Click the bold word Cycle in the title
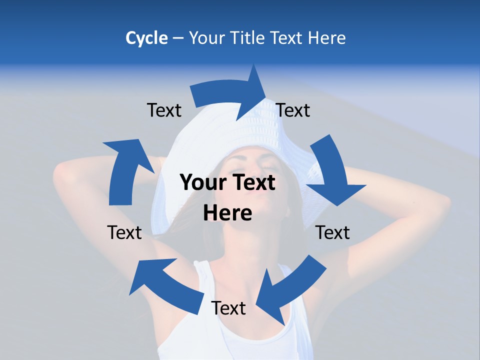pyautogui.click(x=146, y=38)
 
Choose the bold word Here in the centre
pyautogui.click(x=227, y=213)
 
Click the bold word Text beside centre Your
pyautogui.click(x=252, y=182)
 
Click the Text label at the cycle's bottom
pyautogui.click(x=228, y=308)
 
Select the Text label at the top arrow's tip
pyautogui.click(x=293, y=110)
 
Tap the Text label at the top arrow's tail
pyautogui.click(x=164, y=110)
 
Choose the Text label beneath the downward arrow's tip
pyautogui.click(x=332, y=232)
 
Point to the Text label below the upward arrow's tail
pyautogui.click(x=124, y=232)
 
